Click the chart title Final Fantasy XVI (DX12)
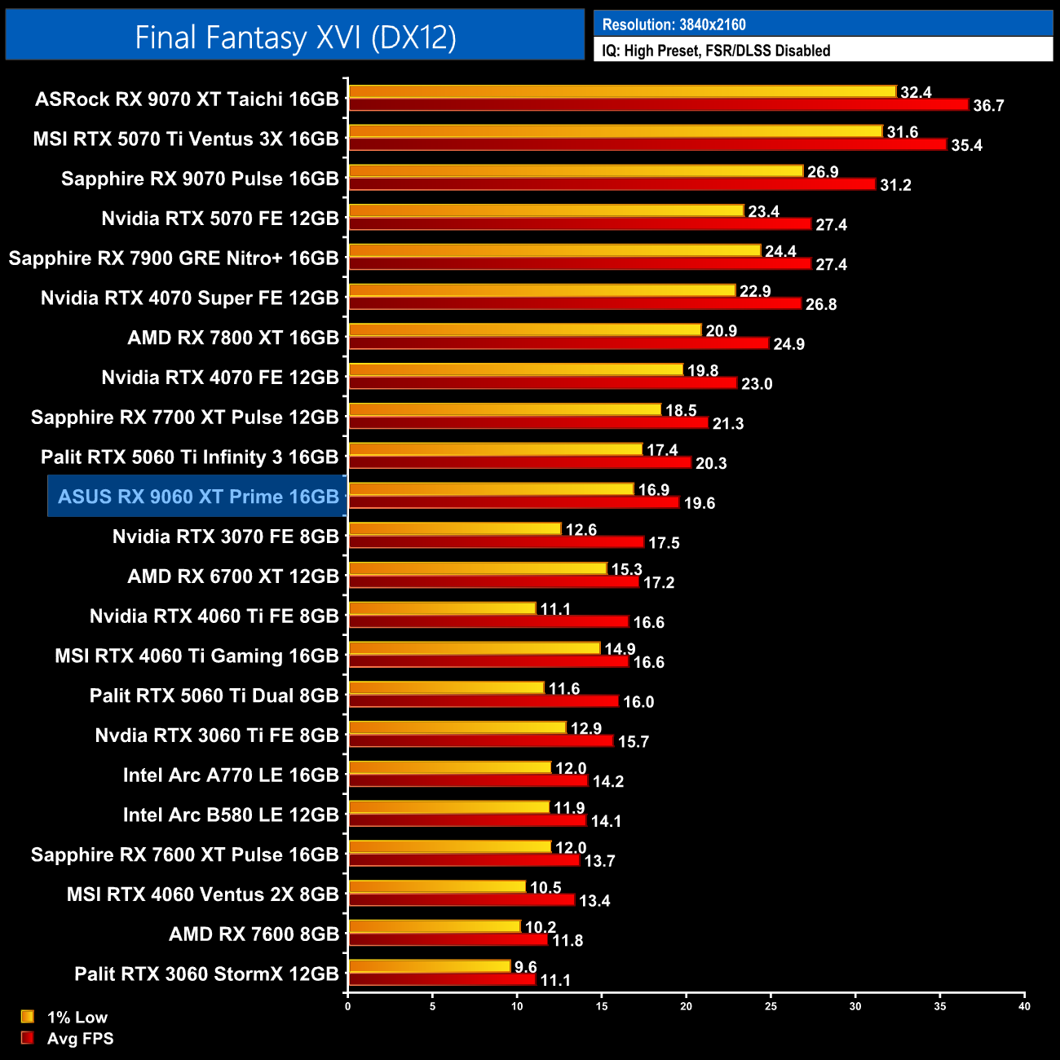(295, 38)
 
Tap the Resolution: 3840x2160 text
(674, 24)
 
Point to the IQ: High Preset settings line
(716, 51)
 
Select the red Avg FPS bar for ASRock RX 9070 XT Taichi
(658, 104)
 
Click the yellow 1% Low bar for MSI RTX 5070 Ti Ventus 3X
(615, 131)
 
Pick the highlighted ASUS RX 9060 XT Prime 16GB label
(198, 497)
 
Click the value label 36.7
(988, 106)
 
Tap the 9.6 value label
(526, 967)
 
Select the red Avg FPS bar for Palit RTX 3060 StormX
(441, 979)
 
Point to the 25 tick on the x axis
(771, 1006)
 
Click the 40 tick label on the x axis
(1024, 1006)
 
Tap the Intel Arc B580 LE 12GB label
(231, 815)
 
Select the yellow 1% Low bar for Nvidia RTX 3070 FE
(454, 529)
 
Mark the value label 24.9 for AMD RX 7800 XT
(788, 344)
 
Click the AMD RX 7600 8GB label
(254, 934)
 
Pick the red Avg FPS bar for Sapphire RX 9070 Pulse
(612, 184)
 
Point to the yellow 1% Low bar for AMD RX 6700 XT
(477, 568)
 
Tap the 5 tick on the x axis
(432, 1006)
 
